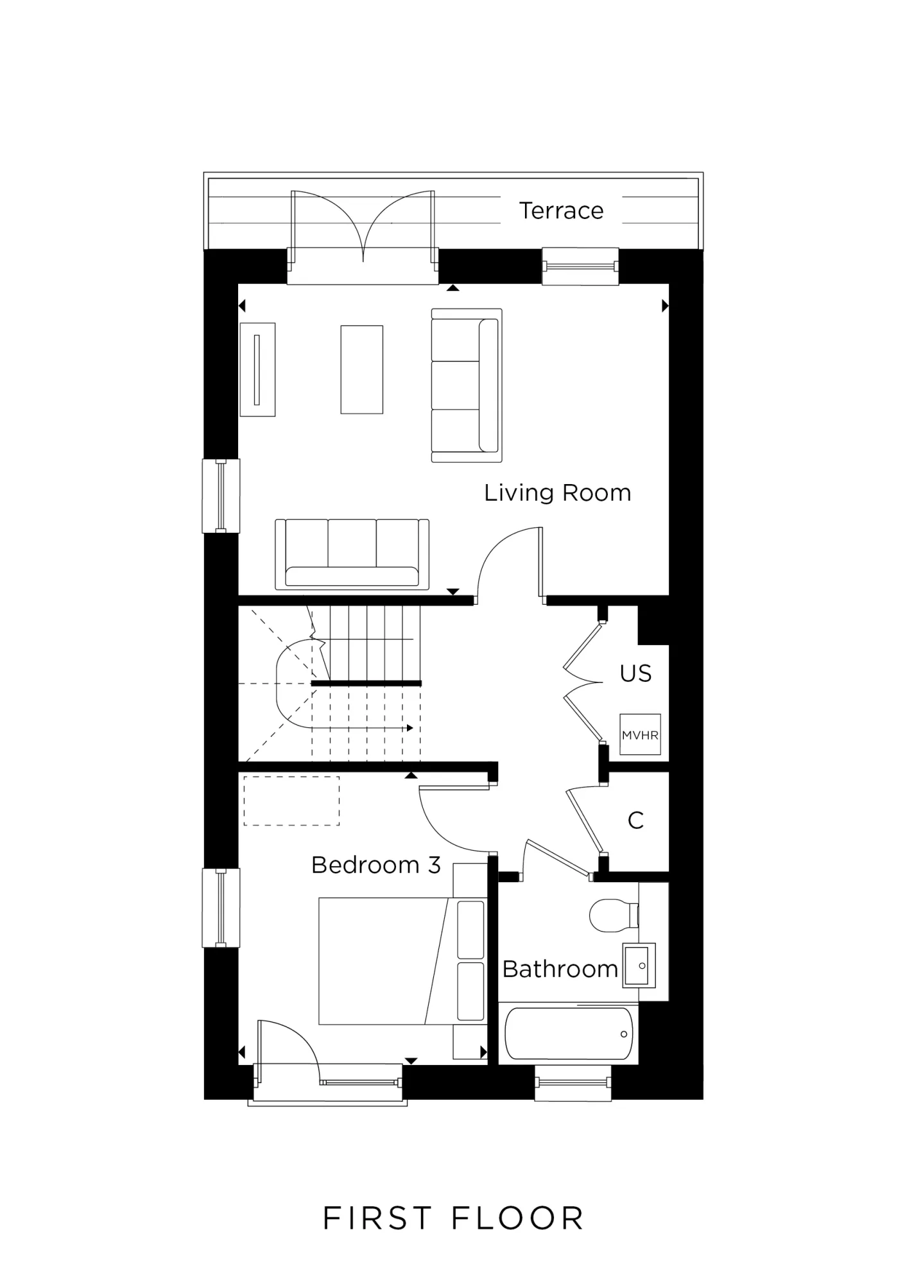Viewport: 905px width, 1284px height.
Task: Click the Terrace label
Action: click(x=561, y=211)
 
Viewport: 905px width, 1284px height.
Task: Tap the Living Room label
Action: click(x=557, y=493)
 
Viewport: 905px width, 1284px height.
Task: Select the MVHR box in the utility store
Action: click(x=640, y=734)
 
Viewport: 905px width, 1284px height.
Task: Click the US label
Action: click(x=635, y=673)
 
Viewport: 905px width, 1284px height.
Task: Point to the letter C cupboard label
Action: click(x=635, y=820)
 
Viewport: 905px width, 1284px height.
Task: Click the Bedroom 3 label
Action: click(x=375, y=865)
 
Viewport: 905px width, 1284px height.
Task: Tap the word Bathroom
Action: click(x=560, y=969)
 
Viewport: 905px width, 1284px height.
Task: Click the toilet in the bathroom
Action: click(x=612, y=915)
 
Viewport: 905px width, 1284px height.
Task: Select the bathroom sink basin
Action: click(x=638, y=965)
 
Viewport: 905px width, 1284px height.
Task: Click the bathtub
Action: click(x=568, y=1034)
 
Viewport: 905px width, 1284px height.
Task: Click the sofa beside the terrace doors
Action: click(x=466, y=385)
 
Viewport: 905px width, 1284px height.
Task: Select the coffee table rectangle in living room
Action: click(x=361, y=369)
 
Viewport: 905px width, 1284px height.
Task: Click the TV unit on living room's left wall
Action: click(x=257, y=369)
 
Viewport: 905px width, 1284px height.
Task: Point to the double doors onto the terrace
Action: click(x=363, y=231)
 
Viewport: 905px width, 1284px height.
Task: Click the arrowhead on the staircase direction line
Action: click(x=410, y=728)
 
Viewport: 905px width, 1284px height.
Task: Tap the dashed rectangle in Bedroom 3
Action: click(x=291, y=801)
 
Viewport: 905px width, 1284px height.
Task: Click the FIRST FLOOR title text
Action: click(x=452, y=1219)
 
